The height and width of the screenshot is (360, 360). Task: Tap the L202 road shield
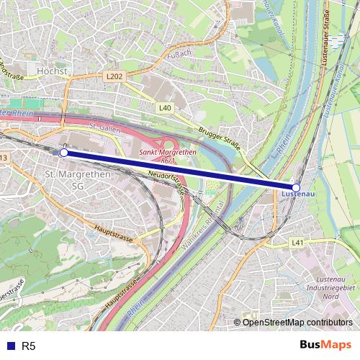tap(114, 75)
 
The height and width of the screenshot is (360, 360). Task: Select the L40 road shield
tap(165, 107)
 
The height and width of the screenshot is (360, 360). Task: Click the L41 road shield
tap(297, 243)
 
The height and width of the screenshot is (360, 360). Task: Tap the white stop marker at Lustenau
tap(296, 187)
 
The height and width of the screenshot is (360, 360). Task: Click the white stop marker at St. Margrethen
tap(64, 153)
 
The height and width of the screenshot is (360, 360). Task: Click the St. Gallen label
tap(103, 127)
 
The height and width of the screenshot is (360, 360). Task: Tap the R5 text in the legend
tap(29, 346)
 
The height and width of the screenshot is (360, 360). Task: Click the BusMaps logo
tap(326, 346)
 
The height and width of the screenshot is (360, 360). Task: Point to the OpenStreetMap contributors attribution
tap(297, 323)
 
